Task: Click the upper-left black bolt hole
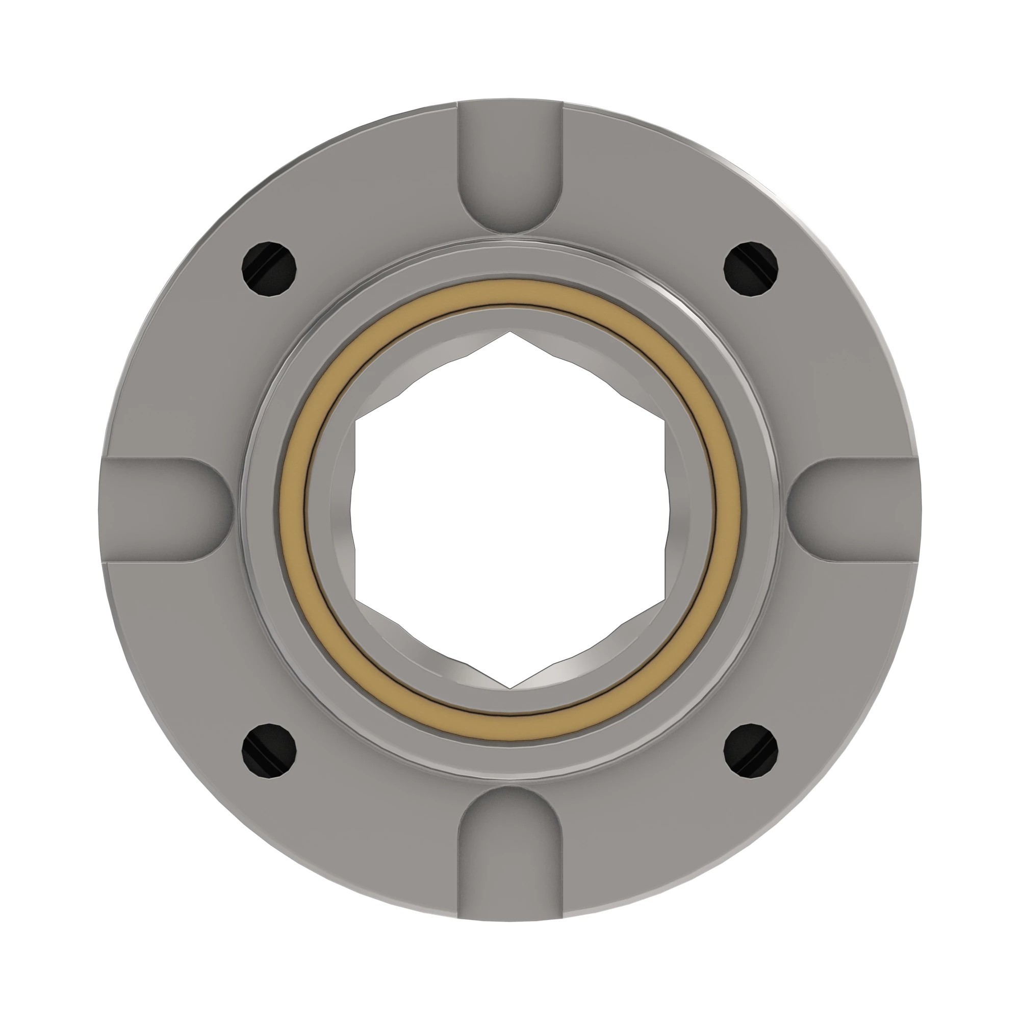269,268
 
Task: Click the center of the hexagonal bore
510,510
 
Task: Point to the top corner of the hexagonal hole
510,333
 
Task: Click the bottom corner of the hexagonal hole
510,688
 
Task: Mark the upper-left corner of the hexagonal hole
357,421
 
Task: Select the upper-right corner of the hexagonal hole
664,421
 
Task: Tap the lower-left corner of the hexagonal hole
357,599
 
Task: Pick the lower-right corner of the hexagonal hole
664,599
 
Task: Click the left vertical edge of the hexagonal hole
357,510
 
